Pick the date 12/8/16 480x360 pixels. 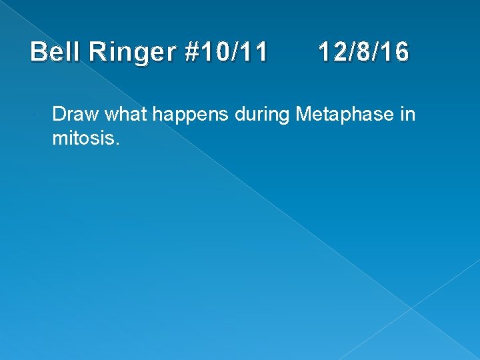pyautogui.click(x=363, y=52)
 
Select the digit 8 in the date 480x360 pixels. pyautogui.click(x=363, y=52)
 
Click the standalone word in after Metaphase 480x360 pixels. pyautogui.click(x=408, y=115)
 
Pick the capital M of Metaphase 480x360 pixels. pyautogui.click(x=303, y=115)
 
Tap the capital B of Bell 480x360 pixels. pyautogui.click(x=39, y=52)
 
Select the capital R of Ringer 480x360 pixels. pyautogui.click(x=97, y=52)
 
